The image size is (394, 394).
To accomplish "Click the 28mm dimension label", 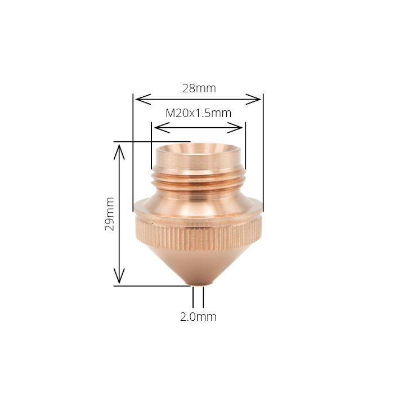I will (199, 88).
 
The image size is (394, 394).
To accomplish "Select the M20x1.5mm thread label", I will (198, 113).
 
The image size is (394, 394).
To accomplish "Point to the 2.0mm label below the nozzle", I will (198, 316).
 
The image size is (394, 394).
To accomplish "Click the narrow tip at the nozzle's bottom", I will (198, 283).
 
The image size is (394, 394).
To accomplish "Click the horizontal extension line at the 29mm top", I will (152, 141).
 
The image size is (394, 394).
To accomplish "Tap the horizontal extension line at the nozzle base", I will (152, 286).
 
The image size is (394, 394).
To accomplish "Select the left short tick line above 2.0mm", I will (194, 296).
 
